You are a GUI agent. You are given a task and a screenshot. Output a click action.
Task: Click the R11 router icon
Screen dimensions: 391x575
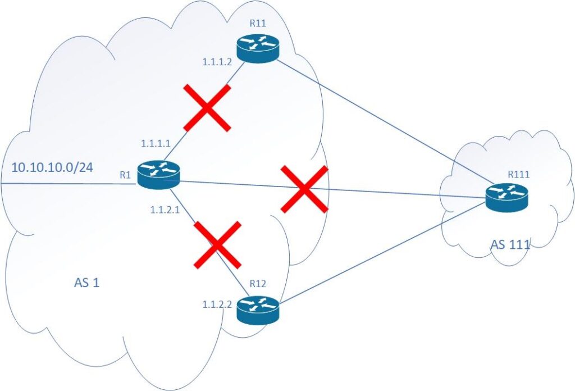[x=258, y=49]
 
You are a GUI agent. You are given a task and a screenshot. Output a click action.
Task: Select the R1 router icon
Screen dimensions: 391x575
[x=159, y=174]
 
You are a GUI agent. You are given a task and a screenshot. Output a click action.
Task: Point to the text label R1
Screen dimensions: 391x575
[x=125, y=175]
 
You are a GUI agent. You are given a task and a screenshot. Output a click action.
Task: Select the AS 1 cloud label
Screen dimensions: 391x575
[x=87, y=282]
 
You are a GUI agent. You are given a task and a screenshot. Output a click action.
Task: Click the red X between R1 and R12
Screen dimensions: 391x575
[x=218, y=244]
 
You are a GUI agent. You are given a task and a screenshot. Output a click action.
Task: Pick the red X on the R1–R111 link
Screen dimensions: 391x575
[x=304, y=190]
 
